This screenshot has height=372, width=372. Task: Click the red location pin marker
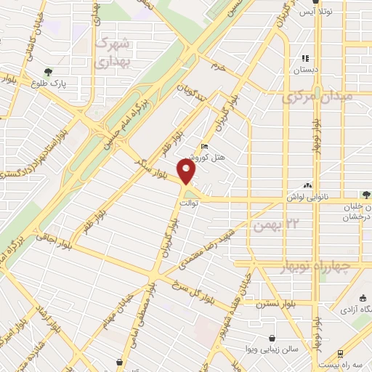click(188, 171)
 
